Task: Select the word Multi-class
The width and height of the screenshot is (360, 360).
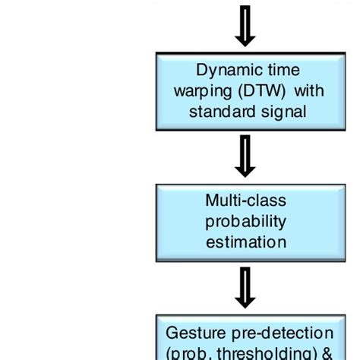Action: [245, 201]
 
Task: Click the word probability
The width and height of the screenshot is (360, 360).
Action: [245, 221]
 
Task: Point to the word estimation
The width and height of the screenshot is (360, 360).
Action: [245, 242]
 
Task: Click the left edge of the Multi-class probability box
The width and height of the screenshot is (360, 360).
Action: [156, 221]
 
